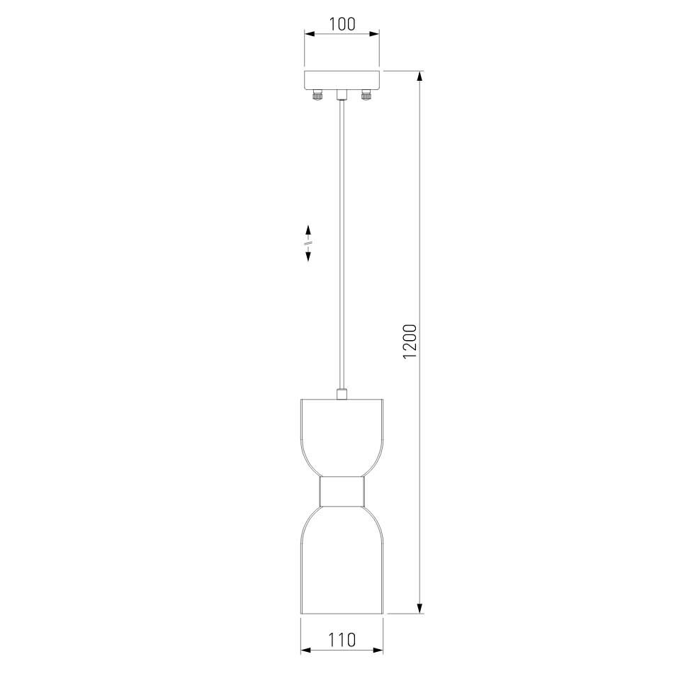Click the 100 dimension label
pos(342,24)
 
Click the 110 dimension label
pos(342,640)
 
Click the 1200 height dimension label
pos(410,342)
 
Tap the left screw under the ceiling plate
pos(317,95)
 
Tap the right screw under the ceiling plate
pos(366,95)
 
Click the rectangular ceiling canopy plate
pos(342,80)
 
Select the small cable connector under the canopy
pos(342,94)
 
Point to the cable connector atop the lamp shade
pos(342,394)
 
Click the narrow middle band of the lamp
pos(342,491)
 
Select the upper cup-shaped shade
pos(342,437)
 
